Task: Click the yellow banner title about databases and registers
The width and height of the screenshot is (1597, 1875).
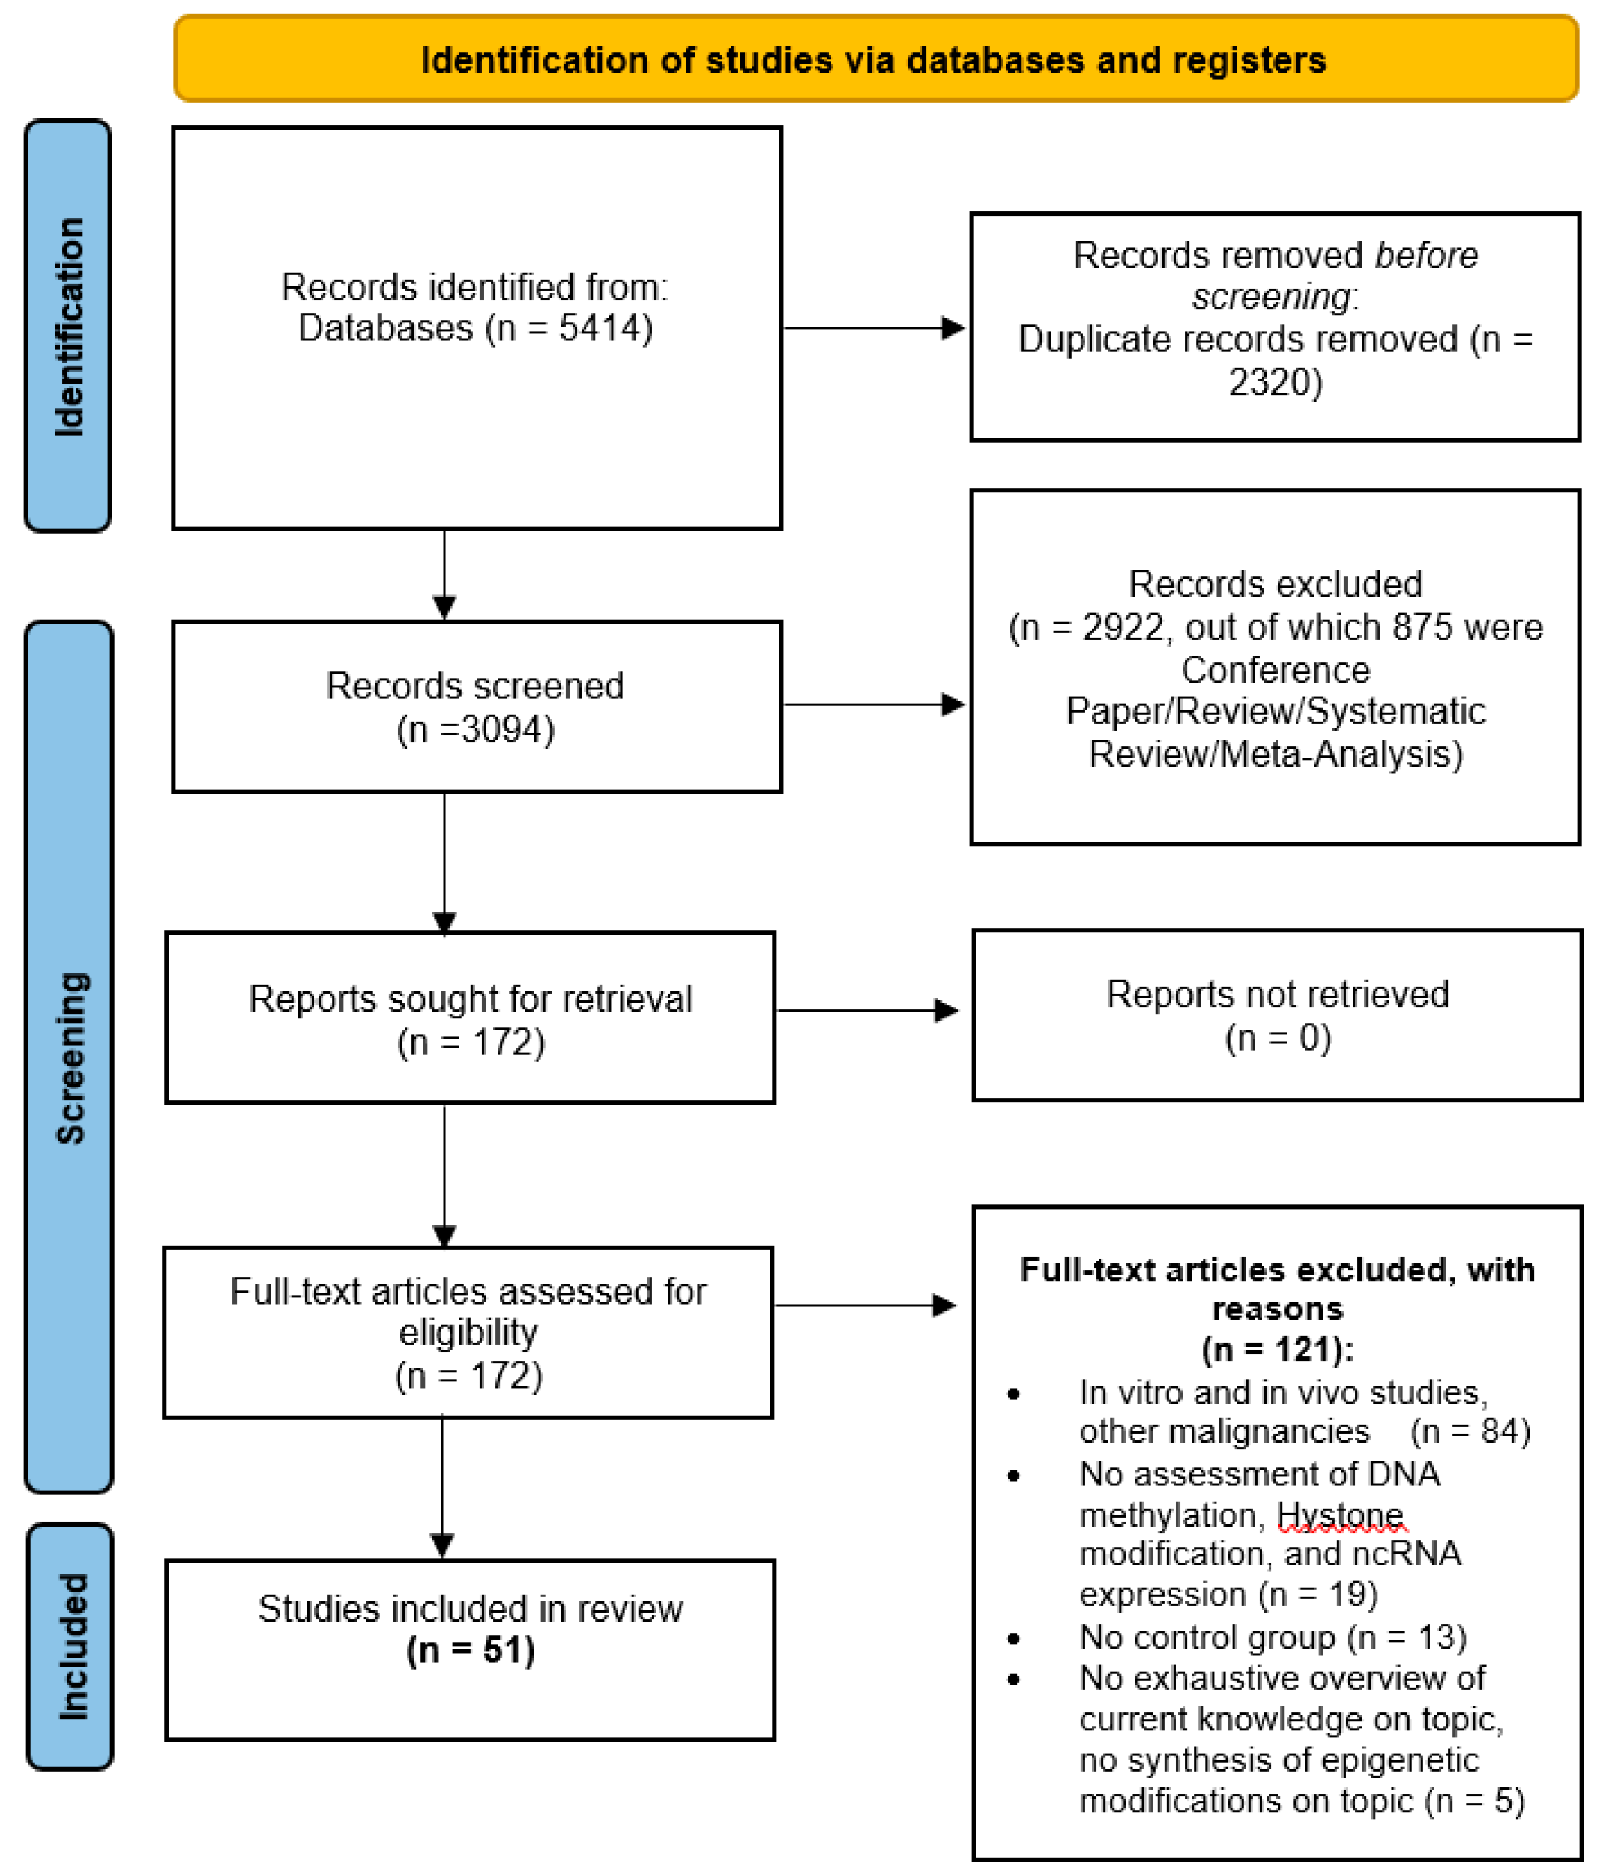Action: click(x=873, y=60)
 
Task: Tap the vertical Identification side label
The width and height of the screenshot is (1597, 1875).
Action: click(x=69, y=327)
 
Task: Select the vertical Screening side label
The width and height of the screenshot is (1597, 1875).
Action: click(x=70, y=1058)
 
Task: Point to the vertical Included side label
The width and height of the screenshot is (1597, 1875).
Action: click(x=73, y=1647)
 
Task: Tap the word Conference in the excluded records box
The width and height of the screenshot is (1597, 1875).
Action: click(x=1275, y=671)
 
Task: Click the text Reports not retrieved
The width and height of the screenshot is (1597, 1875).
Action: click(x=1277, y=994)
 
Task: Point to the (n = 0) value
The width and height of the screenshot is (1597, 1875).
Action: click(x=1277, y=1037)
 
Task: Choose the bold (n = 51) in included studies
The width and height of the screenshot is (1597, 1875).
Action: click(x=471, y=1651)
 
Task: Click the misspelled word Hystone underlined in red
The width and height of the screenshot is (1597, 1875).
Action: click(x=1339, y=1514)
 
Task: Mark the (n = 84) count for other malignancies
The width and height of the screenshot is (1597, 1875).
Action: click(x=1470, y=1431)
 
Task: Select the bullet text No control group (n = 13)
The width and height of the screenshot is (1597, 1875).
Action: click(x=1273, y=1637)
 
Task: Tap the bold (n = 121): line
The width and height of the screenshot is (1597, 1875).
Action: click(x=1277, y=1349)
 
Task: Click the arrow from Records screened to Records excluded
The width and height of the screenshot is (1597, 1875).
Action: click(x=873, y=704)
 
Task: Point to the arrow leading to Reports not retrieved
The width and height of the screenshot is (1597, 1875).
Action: click(x=867, y=1010)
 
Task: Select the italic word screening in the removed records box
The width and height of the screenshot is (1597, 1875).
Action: click(x=1270, y=297)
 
